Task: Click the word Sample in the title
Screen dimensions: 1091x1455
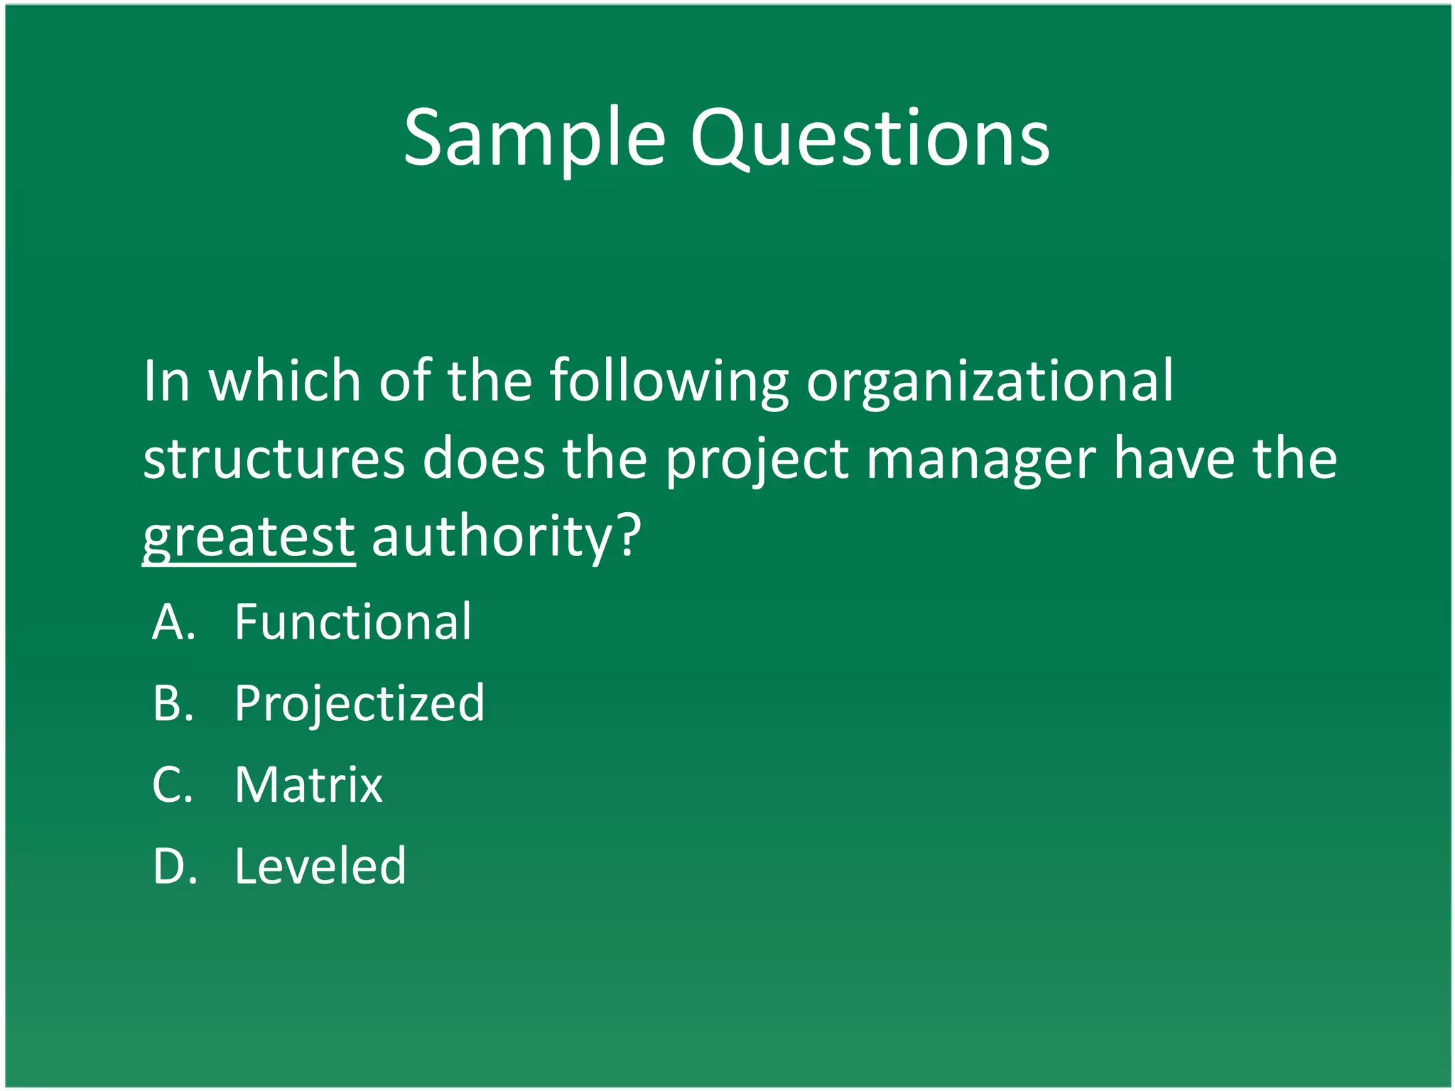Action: tap(534, 139)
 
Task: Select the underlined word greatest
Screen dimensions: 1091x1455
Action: tap(249, 537)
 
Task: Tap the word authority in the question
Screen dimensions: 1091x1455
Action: tap(491, 537)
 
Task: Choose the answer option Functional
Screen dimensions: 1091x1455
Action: tap(352, 622)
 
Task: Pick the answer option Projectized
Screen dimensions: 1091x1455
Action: tap(359, 703)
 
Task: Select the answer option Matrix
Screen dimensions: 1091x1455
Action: tap(308, 785)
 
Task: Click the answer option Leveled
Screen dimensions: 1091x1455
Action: tap(320, 867)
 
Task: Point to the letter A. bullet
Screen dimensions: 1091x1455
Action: tap(173, 622)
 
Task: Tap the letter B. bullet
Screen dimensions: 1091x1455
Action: tap(173, 703)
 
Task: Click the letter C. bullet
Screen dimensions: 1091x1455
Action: tap(173, 785)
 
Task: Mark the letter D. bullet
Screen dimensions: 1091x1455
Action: tap(175, 867)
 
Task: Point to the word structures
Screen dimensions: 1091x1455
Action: tap(274, 460)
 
